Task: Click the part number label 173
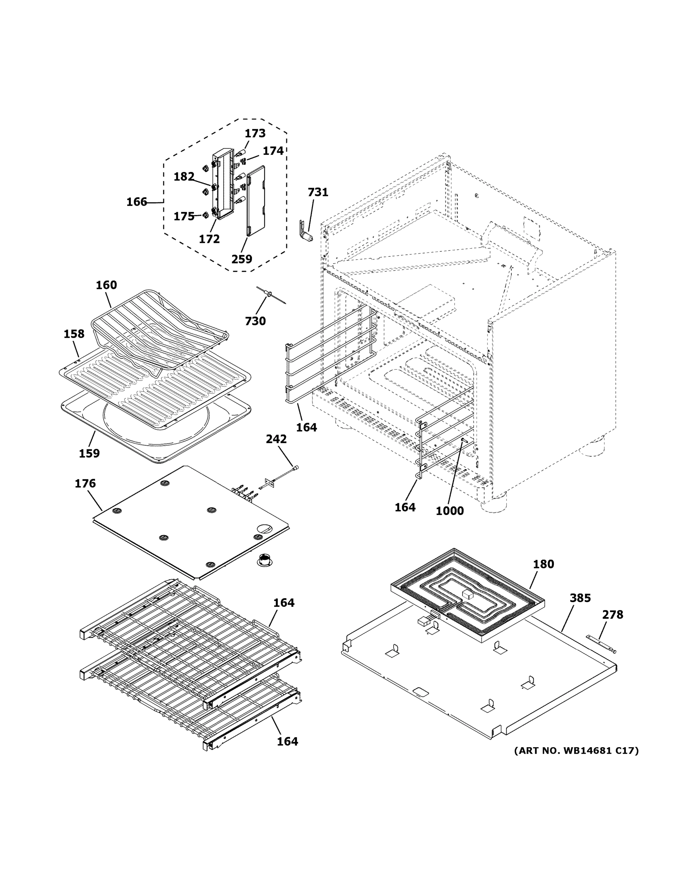point(255,133)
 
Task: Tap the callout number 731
point(318,192)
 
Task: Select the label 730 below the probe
point(256,321)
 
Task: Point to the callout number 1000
point(449,511)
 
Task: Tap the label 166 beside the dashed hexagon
point(137,202)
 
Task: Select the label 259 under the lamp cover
point(242,259)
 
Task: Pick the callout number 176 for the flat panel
point(85,483)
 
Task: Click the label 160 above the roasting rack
point(106,285)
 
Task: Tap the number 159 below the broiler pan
point(89,453)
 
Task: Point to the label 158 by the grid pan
point(74,334)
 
